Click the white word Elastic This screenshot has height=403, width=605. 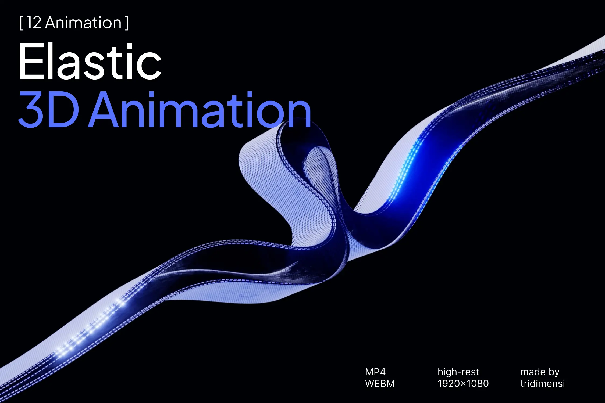tap(90, 62)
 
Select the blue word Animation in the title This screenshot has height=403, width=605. tap(200, 109)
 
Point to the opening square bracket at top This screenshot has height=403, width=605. tap(21, 23)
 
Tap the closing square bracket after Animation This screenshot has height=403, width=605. tap(127, 23)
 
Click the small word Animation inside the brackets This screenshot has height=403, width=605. tap(83, 23)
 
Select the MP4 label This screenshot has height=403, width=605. tap(375, 372)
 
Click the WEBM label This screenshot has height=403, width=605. tap(380, 384)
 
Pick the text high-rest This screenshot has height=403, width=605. tap(458, 372)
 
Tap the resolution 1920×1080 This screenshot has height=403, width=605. tap(463, 384)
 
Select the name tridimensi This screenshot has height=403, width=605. tap(543, 384)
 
